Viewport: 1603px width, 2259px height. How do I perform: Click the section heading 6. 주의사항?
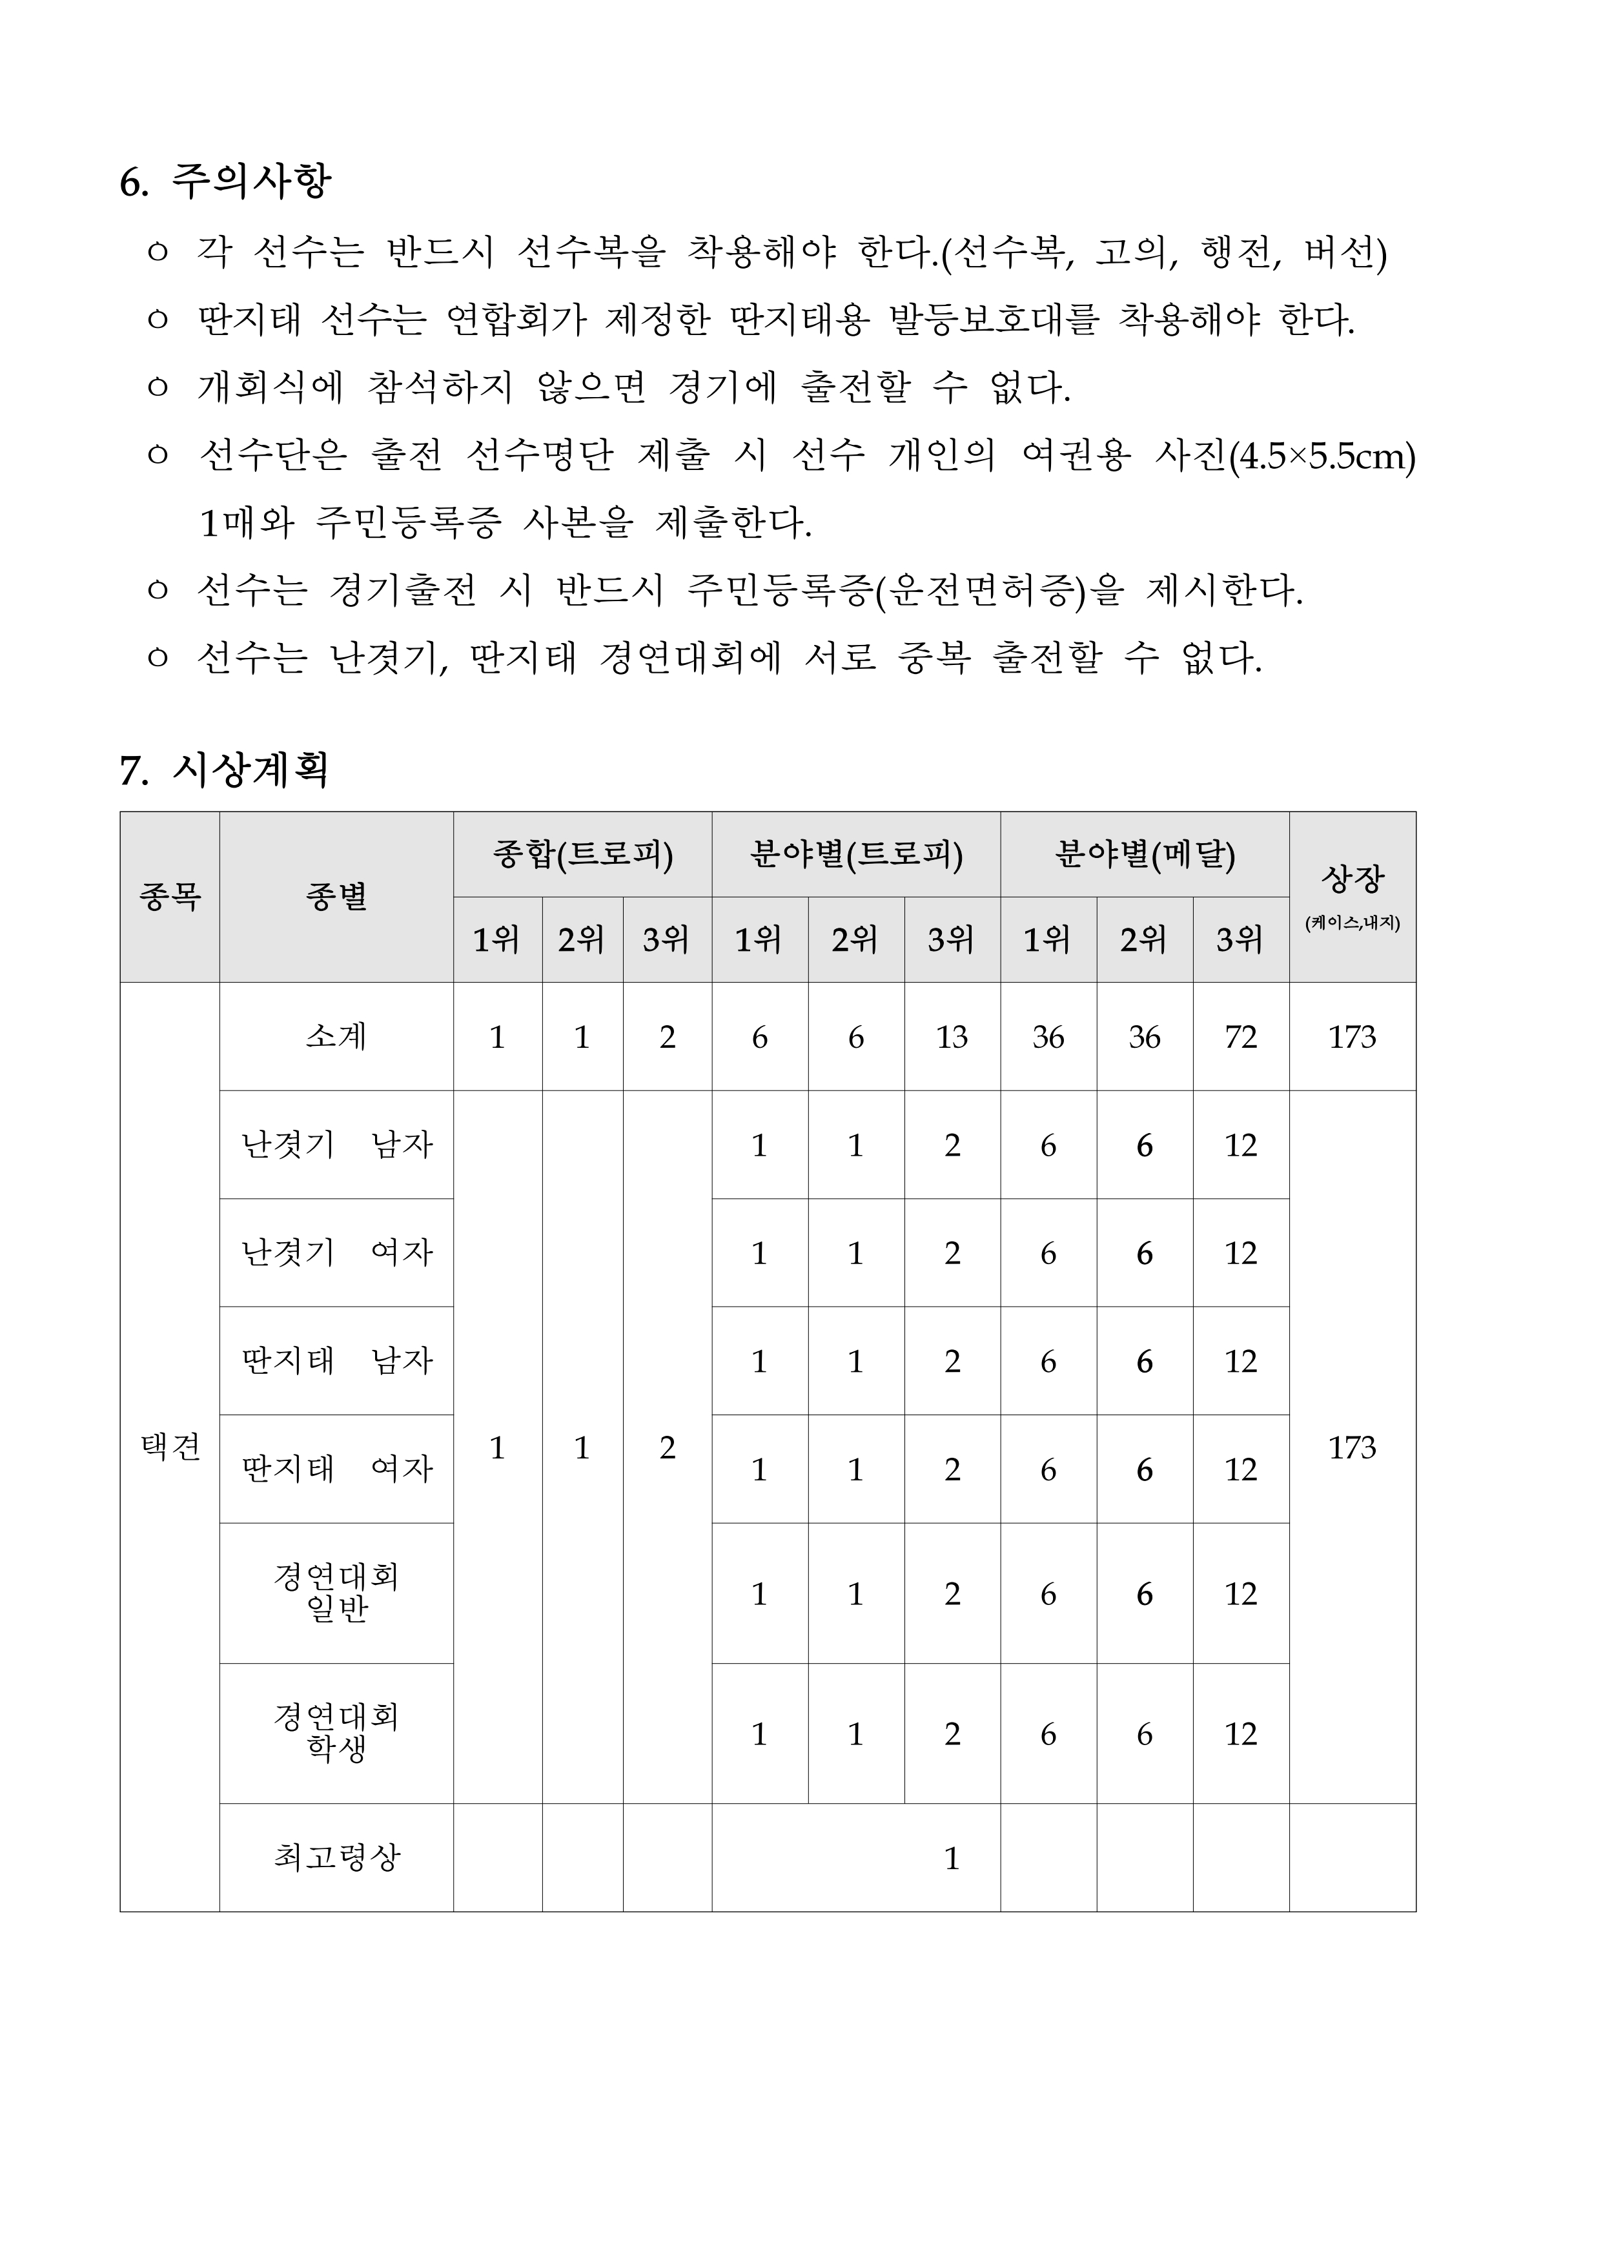click(225, 181)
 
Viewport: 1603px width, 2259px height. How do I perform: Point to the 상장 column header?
click(1353, 878)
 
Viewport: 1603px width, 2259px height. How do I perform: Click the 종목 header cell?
click(170, 897)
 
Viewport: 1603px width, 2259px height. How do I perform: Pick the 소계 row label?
click(336, 1036)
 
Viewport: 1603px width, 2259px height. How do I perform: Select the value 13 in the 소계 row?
click(952, 1038)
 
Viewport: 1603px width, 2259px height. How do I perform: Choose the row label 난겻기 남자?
click(336, 1145)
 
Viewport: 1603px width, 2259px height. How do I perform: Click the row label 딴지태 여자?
click(336, 1469)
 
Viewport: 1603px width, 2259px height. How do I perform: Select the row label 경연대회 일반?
click(336, 1593)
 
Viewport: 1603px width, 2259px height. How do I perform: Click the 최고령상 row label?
click(336, 1857)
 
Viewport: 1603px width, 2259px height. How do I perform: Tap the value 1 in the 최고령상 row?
click(952, 1858)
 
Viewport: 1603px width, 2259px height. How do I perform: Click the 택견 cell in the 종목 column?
click(170, 1447)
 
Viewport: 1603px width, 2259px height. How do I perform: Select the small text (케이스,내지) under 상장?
click(1353, 924)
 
